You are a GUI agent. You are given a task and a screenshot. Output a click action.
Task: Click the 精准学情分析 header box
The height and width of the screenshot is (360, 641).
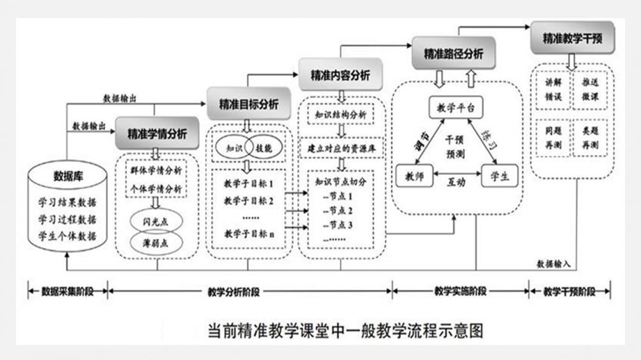click(x=156, y=134)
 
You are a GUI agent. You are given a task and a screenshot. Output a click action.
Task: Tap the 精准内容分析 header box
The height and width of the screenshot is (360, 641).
click(x=340, y=74)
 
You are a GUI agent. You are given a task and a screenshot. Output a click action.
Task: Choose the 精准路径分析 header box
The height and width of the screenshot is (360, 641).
click(x=454, y=54)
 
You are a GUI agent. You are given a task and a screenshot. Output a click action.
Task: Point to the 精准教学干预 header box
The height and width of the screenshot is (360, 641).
click(x=572, y=38)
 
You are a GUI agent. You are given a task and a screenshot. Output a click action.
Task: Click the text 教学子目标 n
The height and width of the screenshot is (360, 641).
click(x=249, y=233)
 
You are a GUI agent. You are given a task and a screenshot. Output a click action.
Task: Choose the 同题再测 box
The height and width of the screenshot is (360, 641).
click(x=553, y=140)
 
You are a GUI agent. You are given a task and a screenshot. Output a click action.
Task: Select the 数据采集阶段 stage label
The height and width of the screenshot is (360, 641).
click(x=66, y=291)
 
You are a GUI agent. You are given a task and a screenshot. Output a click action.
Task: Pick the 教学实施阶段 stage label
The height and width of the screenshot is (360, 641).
click(x=460, y=291)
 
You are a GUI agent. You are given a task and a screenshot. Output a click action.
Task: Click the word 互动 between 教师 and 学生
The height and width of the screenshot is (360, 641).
click(x=456, y=181)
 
